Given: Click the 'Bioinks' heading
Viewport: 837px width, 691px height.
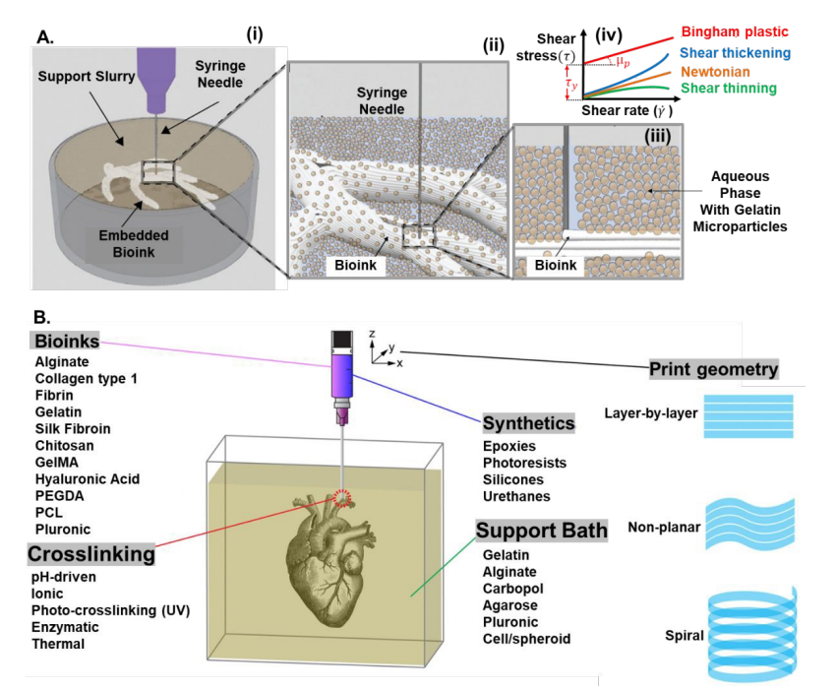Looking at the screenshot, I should click(x=66, y=341).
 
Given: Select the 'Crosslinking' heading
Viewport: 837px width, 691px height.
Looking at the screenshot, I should click(x=90, y=554).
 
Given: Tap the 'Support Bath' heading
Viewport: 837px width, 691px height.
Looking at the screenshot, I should click(x=542, y=531).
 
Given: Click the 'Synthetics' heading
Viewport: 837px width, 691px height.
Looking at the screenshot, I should click(x=528, y=423).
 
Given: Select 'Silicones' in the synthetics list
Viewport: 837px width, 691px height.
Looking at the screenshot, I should click(x=514, y=478).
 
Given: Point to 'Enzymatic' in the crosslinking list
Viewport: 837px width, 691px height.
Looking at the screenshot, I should click(x=66, y=627).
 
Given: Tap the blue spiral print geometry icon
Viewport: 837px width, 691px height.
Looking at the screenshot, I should click(x=752, y=634).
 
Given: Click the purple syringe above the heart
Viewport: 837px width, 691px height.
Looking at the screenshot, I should click(x=341, y=375).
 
